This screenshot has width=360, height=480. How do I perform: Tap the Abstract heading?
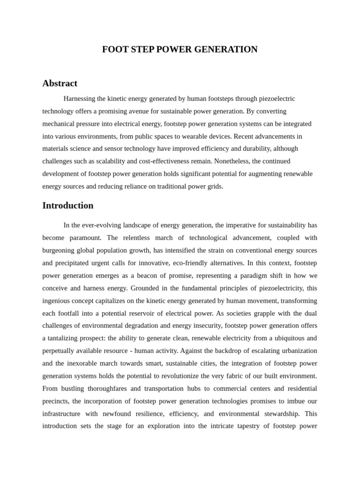point(60,83)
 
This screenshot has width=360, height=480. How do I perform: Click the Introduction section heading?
point(67,206)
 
